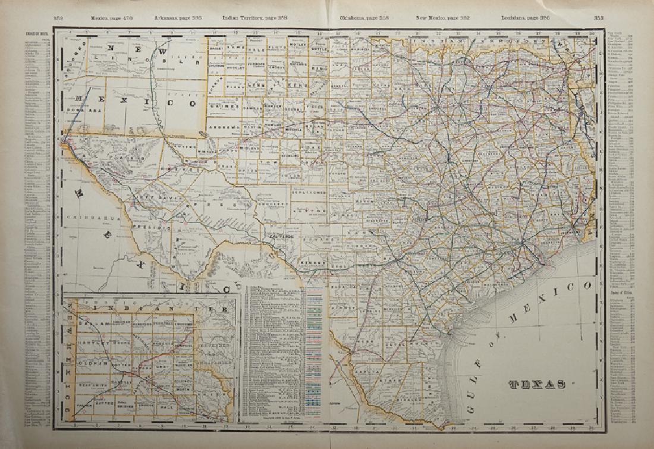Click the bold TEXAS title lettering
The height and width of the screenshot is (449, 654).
point(537,384)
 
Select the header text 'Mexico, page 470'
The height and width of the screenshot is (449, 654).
point(108,19)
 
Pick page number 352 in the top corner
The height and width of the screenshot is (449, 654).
point(59,19)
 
